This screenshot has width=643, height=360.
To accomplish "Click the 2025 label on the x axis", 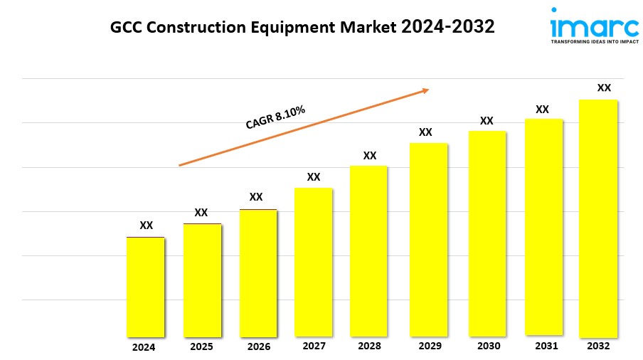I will pyautogui.click(x=201, y=347).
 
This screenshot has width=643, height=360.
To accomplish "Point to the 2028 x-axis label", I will pyautogui.click(x=369, y=346).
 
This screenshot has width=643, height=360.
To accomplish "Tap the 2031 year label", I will pyautogui.click(x=543, y=346).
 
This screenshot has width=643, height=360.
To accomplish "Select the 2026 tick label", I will pyautogui.click(x=258, y=347).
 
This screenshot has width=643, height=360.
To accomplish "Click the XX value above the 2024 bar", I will pyautogui.click(x=146, y=225).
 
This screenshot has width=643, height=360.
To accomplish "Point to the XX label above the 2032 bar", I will pyautogui.click(x=604, y=88).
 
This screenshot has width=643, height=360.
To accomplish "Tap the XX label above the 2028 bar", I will pyautogui.click(x=370, y=155).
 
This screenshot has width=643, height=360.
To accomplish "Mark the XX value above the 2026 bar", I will pyautogui.click(x=256, y=196).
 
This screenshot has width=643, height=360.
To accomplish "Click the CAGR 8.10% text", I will pyautogui.click(x=275, y=117).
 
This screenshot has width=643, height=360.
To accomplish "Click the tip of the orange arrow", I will pyautogui.click(x=428, y=90).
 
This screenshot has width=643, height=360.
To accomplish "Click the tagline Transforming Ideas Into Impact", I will pyautogui.click(x=595, y=42).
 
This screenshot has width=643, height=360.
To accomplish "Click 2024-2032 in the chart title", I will pyautogui.click(x=448, y=27).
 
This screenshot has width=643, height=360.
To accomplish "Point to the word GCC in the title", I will pyautogui.click(x=126, y=28).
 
